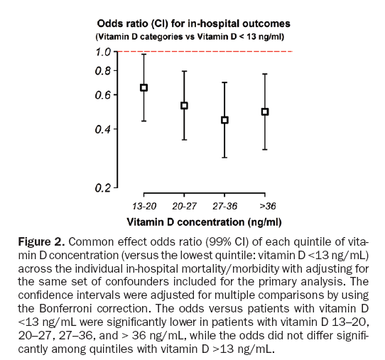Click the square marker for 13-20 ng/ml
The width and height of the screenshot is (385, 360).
pyautogui.click(x=143, y=87)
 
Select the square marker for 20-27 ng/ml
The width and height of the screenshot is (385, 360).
pyautogui.click(x=184, y=106)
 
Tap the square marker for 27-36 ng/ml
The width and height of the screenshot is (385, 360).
pyautogui.click(x=224, y=120)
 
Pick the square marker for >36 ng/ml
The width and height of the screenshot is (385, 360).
pyautogui.click(x=265, y=112)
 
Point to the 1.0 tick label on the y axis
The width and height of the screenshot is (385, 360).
pyautogui.click(x=104, y=52)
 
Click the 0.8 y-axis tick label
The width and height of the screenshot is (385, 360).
pyautogui.click(x=103, y=71)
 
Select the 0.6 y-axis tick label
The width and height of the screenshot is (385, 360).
pyautogui.click(x=103, y=95)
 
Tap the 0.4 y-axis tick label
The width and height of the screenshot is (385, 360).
pyautogui.click(x=103, y=129)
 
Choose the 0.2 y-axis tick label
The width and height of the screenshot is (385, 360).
pyautogui.click(x=103, y=188)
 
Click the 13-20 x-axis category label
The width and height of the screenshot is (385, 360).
pyautogui.click(x=144, y=206)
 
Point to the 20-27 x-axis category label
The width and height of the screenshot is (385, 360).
pyautogui.click(x=185, y=206)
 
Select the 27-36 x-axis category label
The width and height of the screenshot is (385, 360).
pyautogui.click(x=225, y=206)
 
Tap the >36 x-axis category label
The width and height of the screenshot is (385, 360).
pyautogui.click(x=268, y=206)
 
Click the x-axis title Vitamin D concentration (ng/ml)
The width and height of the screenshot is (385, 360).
pyautogui.click(x=205, y=222)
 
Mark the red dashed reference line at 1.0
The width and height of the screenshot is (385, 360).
pyautogui.click(x=205, y=52)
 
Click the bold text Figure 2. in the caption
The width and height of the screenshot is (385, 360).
pyautogui.click(x=41, y=242)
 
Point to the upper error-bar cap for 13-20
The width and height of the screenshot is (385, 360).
pyautogui.click(x=143, y=54)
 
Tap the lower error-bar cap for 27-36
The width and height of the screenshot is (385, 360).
pyautogui.click(x=224, y=158)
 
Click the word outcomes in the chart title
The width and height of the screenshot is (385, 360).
pyautogui.click(x=266, y=24)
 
